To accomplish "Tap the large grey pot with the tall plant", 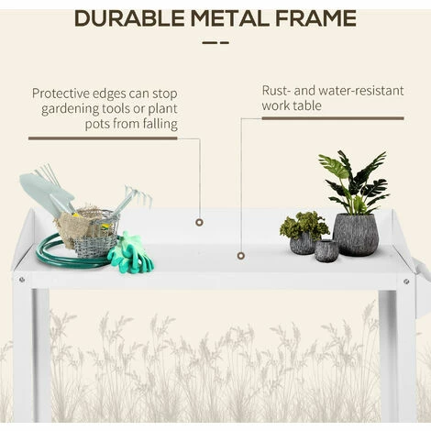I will click(x=355, y=233).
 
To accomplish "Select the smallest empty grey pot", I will click(x=326, y=250).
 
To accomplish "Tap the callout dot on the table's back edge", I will click(x=199, y=221).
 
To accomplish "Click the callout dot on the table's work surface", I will click(x=241, y=256).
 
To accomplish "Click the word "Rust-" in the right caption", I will click(x=278, y=91).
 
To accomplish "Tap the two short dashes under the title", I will click(x=215, y=42).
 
